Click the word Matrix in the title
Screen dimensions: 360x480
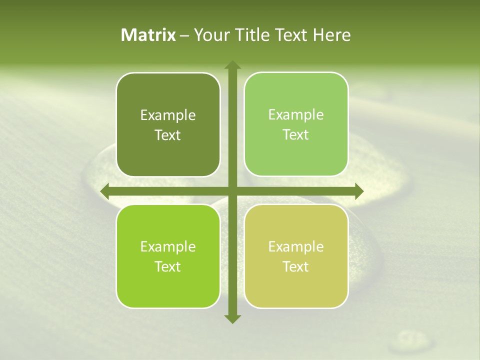coord(148,35)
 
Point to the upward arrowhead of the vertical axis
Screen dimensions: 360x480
coord(232,65)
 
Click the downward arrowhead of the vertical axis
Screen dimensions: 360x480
coord(232,318)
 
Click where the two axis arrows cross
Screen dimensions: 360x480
coord(232,191)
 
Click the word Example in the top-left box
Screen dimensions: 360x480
coord(168,115)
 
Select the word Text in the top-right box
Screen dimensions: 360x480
coord(296,135)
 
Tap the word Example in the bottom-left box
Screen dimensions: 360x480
coord(168,247)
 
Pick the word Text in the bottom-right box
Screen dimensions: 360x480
coord(296,266)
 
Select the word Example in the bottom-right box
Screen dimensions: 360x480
coord(296,247)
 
